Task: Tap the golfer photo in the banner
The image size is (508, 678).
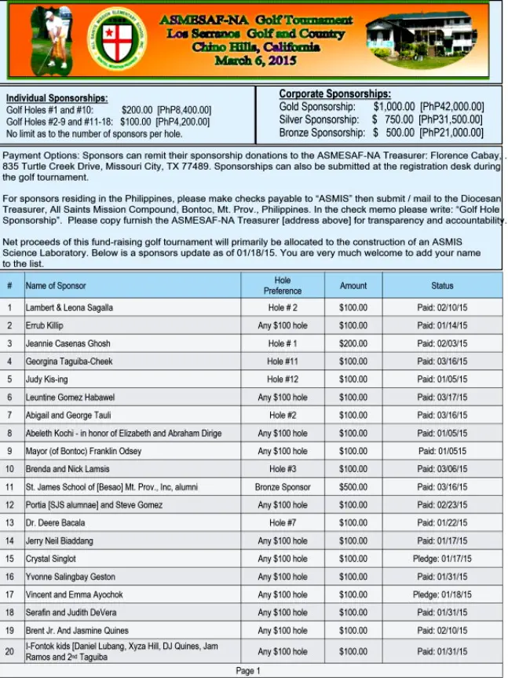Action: coord(50,39)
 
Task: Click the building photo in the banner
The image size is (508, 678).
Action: coord(421,39)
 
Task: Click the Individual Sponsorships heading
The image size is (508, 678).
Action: coord(57,97)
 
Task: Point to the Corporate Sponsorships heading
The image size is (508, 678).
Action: coord(334,94)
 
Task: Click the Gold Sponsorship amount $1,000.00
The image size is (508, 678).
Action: coord(393,107)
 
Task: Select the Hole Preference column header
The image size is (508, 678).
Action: coord(283,285)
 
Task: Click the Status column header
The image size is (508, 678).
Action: coord(442,286)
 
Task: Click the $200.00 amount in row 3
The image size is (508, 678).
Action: coord(353,343)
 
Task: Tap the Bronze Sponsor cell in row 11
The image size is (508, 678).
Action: coord(283,487)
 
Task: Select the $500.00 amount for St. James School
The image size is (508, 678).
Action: coord(353,487)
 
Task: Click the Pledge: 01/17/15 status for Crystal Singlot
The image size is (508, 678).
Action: coord(442,559)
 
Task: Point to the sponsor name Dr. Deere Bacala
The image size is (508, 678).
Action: coord(55,522)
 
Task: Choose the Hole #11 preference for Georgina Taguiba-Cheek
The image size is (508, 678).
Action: coord(283,361)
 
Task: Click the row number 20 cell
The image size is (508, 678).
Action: coord(10,651)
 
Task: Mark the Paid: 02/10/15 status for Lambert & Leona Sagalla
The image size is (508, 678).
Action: coord(442,308)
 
